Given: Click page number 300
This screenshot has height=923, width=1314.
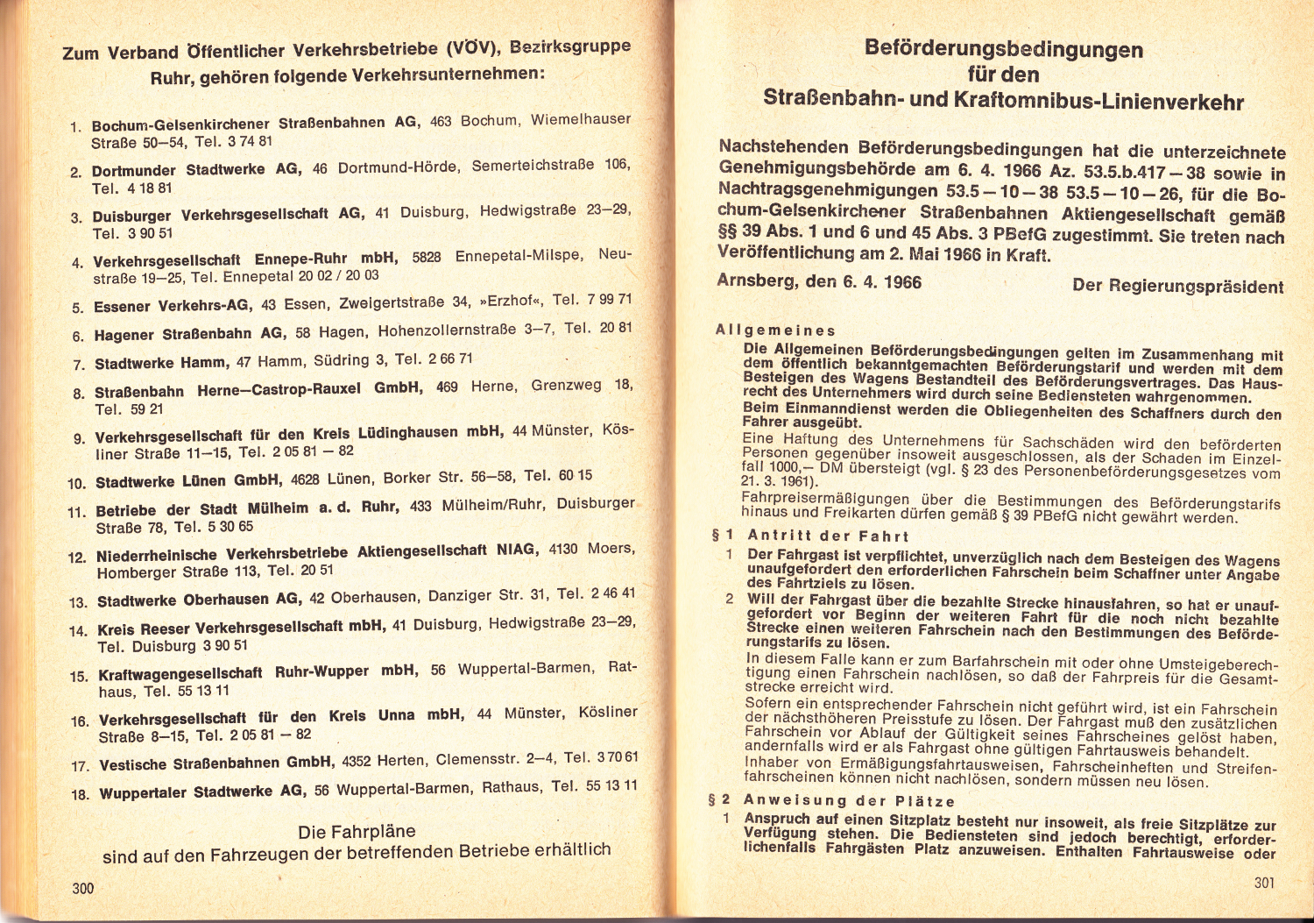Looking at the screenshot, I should click(83, 888).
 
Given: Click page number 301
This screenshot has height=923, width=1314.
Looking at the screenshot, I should click(1264, 883).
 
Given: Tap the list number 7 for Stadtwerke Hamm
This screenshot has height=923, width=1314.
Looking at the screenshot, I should click(79, 365).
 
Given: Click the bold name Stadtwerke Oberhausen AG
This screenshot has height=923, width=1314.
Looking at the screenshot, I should click(198, 600).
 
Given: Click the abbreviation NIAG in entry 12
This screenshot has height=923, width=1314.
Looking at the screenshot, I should click(515, 550).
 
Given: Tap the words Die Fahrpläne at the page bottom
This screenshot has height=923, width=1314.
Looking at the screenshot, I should click(357, 832).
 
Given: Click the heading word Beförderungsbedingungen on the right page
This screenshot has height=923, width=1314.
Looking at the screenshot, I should click(1003, 49).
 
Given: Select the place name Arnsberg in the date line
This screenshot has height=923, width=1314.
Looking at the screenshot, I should click(756, 281).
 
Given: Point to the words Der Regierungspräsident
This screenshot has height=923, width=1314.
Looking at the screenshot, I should click(1177, 286).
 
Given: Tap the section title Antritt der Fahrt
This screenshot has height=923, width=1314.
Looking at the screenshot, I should click(828, 536).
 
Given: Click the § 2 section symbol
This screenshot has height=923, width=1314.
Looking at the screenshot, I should click(719, 800).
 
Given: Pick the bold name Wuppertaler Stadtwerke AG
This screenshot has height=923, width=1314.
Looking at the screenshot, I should click(202, 792).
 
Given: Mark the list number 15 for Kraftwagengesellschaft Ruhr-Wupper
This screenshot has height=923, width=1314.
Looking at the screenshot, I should click(79, 677).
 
